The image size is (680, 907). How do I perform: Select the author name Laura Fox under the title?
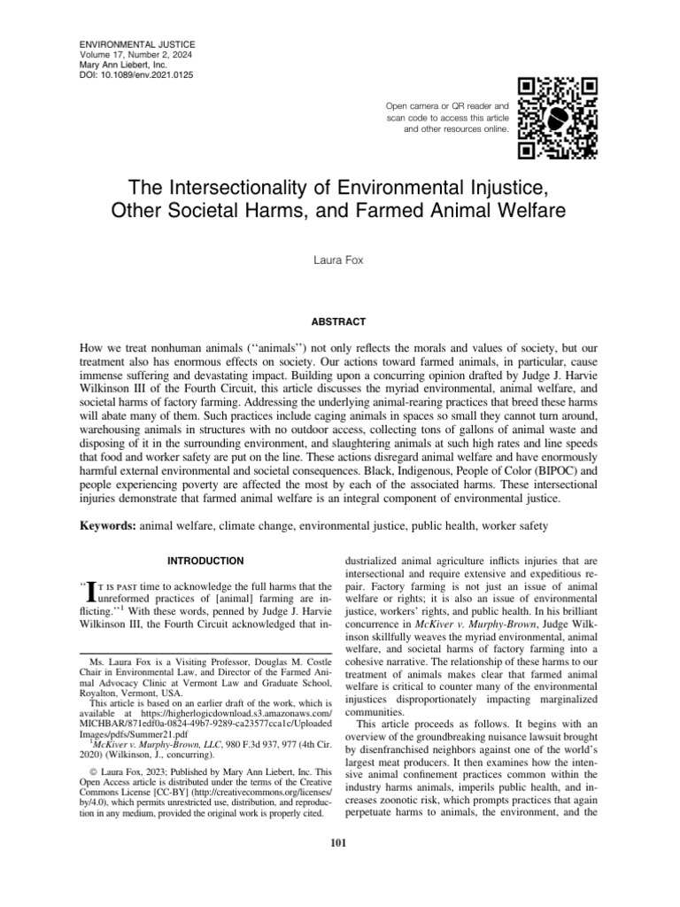coord(339,263)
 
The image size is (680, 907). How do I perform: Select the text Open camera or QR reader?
coord(446,106)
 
